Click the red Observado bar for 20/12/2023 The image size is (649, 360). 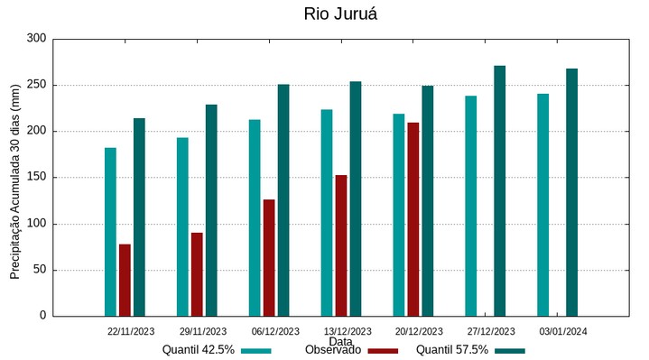(413, 219)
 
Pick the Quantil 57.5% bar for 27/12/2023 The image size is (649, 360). (499, 190)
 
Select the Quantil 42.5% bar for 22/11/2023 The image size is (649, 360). (110, 232)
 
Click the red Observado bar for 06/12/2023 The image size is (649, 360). (269, 257)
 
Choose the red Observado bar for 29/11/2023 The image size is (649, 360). (197, 274)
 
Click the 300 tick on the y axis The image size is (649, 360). (36, 39)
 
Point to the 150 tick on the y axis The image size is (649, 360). (36, 178)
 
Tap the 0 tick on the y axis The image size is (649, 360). (42, 316)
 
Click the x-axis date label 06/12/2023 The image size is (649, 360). (275, 331)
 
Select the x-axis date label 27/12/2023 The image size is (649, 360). (491, 331)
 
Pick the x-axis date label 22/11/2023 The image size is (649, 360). (131, 331)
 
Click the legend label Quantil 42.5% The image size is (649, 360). (199, 349)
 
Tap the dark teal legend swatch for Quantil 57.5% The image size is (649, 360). (510, 350)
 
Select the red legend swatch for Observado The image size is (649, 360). (383, 350)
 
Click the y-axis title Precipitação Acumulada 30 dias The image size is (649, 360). (14, 180)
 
